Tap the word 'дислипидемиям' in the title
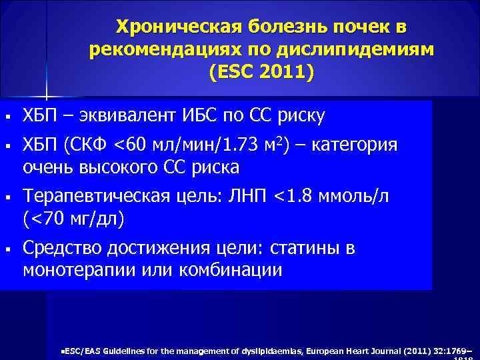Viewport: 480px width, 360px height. click(365, 50)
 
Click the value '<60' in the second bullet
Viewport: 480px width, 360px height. click(132, 146)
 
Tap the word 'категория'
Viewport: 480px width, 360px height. click(359, 146)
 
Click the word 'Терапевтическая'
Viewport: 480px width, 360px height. click(88, 197)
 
